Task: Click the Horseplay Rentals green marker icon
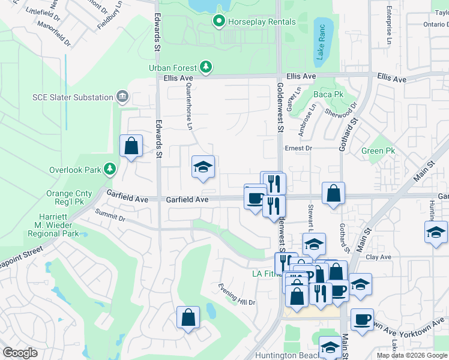[x=218, y=22]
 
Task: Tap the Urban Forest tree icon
[x=206, y=66]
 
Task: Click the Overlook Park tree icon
[x=109, y=170]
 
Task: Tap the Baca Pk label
[x=328, y=94]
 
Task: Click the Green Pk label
[x=378, y=151]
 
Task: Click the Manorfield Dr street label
[x=54, y=35]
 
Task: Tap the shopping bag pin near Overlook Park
[x=131, y=146]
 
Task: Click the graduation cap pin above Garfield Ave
[x=203, y=167]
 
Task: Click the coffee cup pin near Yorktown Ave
[x=361, y=320]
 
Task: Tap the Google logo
[x=20, y=353]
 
